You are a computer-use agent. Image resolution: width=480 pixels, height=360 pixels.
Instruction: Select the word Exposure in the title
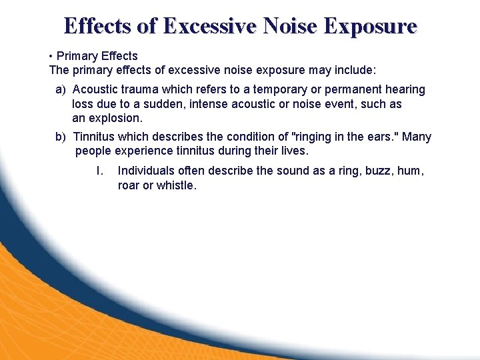(x=371, y=26)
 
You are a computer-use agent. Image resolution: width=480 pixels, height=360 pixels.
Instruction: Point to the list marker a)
(x=61, y=89)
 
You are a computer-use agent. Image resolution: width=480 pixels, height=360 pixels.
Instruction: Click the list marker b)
(x=61, y=137)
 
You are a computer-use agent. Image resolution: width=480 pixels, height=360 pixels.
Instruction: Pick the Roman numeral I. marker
(x=99, y=171)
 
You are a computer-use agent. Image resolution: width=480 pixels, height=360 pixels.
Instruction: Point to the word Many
(x=417, y=137)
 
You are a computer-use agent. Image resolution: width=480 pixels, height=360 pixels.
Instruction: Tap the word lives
(x=294, y=151)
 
